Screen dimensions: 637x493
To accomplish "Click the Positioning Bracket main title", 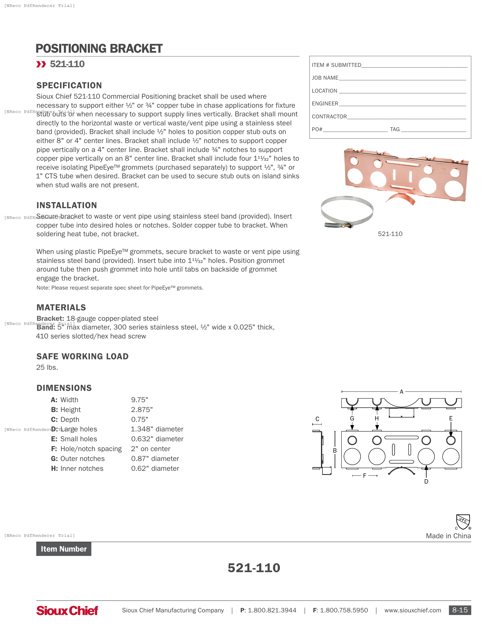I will click(x=99, y=48).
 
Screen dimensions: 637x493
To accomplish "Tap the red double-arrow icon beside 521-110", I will click(x=41, y=64).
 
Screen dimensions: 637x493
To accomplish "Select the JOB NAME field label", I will click(x=325, y=78).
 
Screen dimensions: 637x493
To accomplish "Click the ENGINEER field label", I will click(x=325, y=104).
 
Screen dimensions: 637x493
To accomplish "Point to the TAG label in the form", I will click(x=395, y=129).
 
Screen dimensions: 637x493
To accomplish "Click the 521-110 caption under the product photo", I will click(x=390, y=234).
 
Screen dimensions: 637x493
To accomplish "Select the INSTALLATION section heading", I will click(x=67, y=205).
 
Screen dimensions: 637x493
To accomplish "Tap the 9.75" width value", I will click(x=139, y=400).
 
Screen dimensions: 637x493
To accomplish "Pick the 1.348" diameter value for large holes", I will click(x=157, y=429).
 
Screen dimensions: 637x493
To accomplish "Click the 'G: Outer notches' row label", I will click(x=78, y=459).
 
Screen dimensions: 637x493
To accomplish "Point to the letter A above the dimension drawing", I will click(x=401, y=392).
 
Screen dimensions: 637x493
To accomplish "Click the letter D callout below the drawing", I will click(x=426, y=482).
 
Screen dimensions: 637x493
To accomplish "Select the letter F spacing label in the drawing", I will click(x=365, y=476).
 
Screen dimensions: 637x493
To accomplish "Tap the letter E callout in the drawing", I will click(x=451, y=419).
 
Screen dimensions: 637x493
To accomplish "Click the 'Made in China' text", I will click(x=448, y=536).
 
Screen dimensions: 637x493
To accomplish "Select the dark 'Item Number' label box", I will click(x=64, y=549).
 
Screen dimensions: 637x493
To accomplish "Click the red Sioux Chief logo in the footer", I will click(x=67, y=610).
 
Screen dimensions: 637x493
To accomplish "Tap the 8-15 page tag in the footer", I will click(x=460, y=610).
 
